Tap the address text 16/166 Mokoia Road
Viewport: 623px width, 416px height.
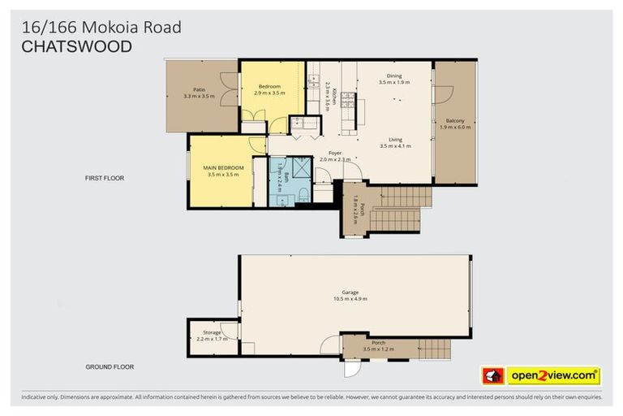coord(101,28)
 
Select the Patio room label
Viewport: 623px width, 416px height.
coord(199,89)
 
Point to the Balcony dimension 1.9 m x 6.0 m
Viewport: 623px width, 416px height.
coord(455,127)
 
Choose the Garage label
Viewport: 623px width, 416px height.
coord(350,292)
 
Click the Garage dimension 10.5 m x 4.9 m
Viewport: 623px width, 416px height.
coord(350,299)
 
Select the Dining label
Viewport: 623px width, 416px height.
coord(394,76)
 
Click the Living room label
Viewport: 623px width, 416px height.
coord(395,140)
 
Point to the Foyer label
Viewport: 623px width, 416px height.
coord(334,153)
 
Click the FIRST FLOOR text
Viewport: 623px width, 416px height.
coord(105,177)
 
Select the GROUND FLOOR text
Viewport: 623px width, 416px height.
coord(110,366)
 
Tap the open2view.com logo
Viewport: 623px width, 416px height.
coord(553,376)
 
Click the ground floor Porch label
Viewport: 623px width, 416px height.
coord(379,342)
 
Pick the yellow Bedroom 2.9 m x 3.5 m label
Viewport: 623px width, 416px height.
coord(269,86)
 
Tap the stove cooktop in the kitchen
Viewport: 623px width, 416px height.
coord(347,99)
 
